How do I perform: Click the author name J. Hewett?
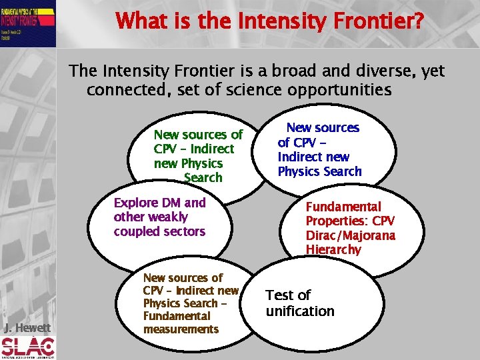click(27, 327)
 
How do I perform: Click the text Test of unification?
click(299, 303)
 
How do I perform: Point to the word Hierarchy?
click(333, 250)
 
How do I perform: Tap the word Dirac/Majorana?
click(350, 235)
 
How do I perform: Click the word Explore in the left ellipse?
click(135, 203)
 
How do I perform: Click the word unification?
click(299, 311)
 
